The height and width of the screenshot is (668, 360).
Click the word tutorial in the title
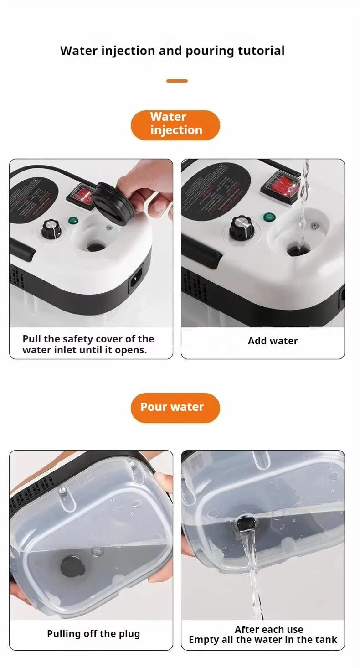pyautogui.click(x=261, y=51)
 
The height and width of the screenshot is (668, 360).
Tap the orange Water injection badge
pyautogui.click(x=175, y=124)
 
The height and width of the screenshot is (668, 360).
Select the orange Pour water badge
pyautogui.click(x=175, y=407)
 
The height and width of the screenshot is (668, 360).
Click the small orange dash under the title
pyautogui.click(x=177, y=81)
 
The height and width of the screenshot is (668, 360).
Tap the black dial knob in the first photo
pyautogui.click(x=51, y=229)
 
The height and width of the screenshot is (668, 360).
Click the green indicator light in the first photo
pyautogui.click(x=72, y=221)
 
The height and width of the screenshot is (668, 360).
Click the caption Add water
pyautogui.click(x=273, y=341)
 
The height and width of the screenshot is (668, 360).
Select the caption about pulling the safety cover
pyautogui.click(x=88, y=345)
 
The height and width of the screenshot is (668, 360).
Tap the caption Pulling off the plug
pyautogui.click(x=93, y=634)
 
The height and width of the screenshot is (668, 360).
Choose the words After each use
pyautogui.click(x=269, y=630)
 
